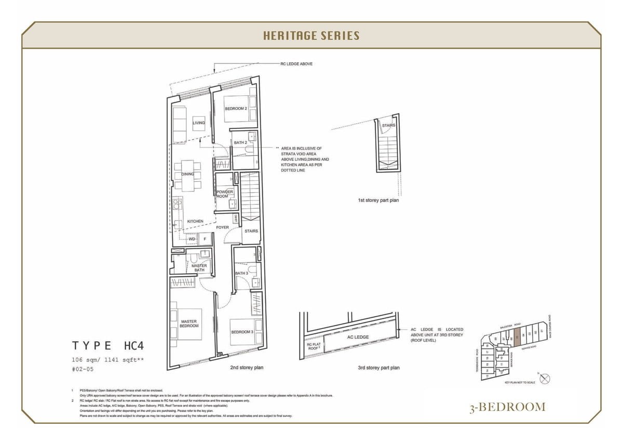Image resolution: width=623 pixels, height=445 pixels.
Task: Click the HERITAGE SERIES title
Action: click(x=311, y=36)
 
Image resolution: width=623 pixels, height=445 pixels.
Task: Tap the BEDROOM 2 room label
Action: click(x=235, y=109)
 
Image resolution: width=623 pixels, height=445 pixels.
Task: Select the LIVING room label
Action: click(x=198, y=123)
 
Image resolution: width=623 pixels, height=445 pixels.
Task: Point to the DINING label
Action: click(x=187, y=174)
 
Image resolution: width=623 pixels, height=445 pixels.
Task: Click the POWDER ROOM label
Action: click(x=225, y=194)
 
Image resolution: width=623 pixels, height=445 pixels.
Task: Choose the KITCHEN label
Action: click(x=195, y=221)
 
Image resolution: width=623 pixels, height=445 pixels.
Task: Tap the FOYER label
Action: click(x=222, y=227)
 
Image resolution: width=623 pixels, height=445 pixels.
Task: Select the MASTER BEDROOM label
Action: click(x=189, y=323)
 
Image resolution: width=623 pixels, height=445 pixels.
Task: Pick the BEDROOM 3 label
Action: click(x=241, y=332)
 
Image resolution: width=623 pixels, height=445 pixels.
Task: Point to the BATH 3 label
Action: click(x=241, y=273)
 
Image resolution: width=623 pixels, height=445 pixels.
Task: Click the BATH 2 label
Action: click(x=240, y=142)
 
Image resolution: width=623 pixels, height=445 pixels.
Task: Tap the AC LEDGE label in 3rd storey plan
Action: click(x=358, y=337)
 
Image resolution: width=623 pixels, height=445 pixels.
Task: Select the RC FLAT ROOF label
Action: click(x=313, y=347)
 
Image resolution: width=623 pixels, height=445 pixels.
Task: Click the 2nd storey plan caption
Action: click(x=247, y=368)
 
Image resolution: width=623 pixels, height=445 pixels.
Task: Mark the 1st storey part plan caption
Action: click(x=378, y=200)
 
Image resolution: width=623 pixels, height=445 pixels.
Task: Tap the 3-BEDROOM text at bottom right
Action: click(x=507, y=407)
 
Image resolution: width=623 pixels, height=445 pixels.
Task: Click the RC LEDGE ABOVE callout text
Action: click(x=296, y=64)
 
